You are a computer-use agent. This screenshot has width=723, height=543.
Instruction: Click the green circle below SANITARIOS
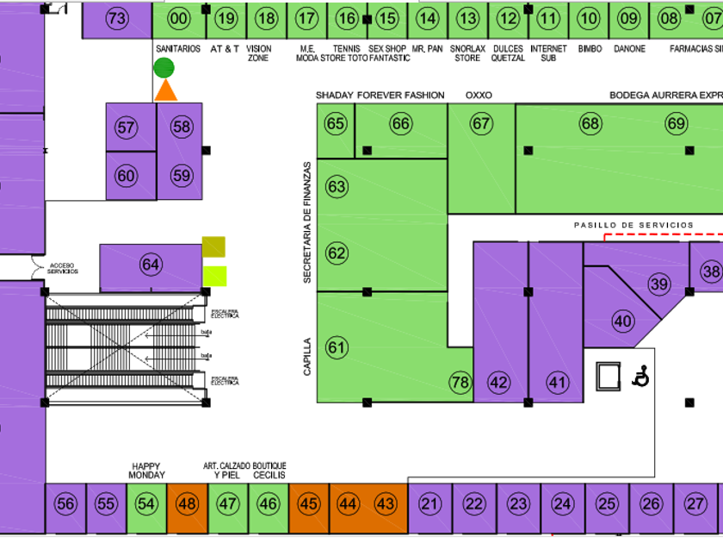tap(164, 68)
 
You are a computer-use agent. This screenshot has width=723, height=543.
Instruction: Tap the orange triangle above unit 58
tap(165, 90)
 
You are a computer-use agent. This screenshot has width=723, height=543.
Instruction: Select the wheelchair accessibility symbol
tap(640, 376)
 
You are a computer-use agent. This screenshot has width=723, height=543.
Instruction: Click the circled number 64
tap(151, 264)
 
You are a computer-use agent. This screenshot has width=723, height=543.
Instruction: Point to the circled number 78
tap(460, 382)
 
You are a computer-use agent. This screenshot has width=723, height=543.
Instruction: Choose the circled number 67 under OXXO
tap(481, 123)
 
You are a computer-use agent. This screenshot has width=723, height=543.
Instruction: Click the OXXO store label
tap(479, 95)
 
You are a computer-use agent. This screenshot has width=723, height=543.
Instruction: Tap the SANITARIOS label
tap(178, 49)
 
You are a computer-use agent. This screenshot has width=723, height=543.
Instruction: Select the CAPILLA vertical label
tap(307, 356)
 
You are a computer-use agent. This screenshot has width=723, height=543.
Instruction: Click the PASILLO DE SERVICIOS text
tap(633, 225)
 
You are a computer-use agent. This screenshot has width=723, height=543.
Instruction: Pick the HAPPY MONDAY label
tap(146, 471)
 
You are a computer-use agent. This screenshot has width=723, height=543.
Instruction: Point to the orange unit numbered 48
tap(186, 504)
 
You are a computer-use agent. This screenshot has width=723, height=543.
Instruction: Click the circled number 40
tap(622, 321)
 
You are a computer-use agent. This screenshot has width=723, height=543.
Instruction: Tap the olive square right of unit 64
tap(213, 247)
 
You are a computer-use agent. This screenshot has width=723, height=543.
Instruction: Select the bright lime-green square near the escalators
tap(214, 276)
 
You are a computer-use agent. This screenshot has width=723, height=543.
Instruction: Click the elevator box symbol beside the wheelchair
tap(609, 375)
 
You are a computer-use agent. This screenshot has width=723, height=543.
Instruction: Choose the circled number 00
tap(178, 19)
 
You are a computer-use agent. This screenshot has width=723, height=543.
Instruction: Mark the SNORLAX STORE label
tap(467, 53)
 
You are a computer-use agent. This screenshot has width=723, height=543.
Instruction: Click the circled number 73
tap(117, 19)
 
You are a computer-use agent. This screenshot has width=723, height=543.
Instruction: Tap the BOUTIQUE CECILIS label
tap(269, 471)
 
